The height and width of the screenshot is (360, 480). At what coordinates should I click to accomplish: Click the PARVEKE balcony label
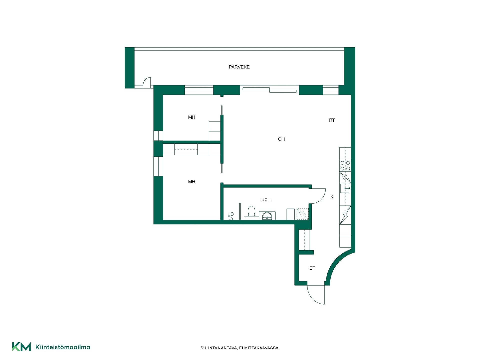click(x=239, y=67)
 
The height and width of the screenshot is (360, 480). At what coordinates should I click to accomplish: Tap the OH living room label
click(x=281, y=139)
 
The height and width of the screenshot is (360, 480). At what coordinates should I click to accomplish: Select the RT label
click(x=332, y=120)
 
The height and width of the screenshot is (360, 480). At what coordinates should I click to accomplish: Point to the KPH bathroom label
click(x=266, y=200)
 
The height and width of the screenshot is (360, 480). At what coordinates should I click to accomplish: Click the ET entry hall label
click(x=312, y=268)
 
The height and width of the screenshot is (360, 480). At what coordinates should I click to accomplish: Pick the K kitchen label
click(x=332, y=197)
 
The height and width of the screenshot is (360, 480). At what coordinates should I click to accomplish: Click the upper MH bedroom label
click(x=191, y=117)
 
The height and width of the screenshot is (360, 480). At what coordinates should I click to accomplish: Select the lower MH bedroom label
click(x=191, y=182)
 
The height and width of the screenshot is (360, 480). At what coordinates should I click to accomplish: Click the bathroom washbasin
click(x=267, y=216)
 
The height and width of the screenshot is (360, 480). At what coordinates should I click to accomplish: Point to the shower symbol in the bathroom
click(x=231, y=216)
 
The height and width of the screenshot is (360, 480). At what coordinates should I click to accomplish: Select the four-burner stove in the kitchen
click(x=345, y=165)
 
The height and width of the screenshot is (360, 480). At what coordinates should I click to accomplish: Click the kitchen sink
click(x=345, y=188)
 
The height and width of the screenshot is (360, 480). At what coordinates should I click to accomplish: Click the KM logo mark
click(x=21, y=347)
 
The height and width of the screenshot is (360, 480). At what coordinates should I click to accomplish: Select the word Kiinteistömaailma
click(x=63, y=347)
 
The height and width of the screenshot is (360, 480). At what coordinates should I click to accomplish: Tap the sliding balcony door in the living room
click(x=269, y=90)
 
